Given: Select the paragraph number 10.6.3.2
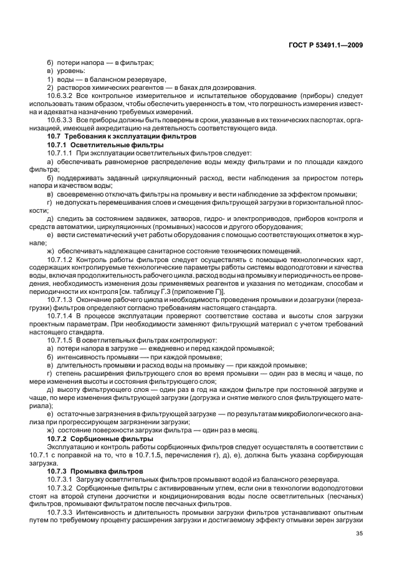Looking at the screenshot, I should pos(60,96).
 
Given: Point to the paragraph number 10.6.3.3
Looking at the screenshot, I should pos(60,119).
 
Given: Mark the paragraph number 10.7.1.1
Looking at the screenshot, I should pos(60,152).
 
